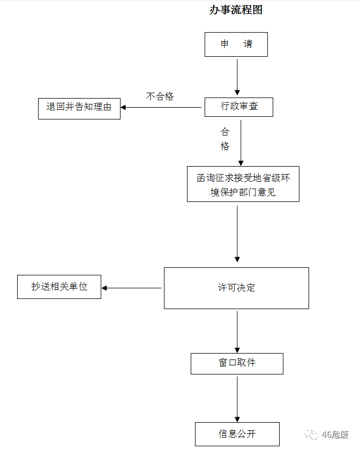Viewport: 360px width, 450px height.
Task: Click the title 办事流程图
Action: point(236,10)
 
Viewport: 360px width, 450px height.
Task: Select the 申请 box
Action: point(236,44)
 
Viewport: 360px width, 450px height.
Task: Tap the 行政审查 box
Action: point(239,107)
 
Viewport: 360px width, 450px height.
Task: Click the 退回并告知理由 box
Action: point(79,107)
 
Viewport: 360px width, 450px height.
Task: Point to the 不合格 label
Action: point(160,96)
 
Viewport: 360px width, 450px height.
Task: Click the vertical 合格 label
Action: point(225,139)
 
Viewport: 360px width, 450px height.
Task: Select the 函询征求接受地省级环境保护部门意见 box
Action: point(243,184)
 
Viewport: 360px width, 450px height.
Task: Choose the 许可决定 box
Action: point(236,288)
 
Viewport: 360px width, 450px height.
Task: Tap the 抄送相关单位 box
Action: point(59,287)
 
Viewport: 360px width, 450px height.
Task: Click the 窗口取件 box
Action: point(237,363)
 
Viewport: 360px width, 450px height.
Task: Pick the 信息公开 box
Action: point(237,434)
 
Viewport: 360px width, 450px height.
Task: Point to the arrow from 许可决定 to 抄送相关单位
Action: point(132,288)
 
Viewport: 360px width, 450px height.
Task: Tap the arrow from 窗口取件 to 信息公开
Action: point(237,399)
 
